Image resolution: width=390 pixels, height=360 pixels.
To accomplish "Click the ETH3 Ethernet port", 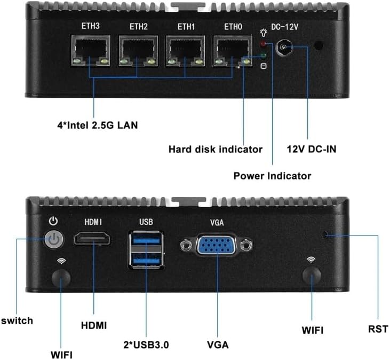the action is [x=91, y=51].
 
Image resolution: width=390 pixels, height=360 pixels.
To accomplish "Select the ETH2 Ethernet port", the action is [x=138, y=51].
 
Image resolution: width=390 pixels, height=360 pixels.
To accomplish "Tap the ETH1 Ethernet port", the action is [x=186, y=51].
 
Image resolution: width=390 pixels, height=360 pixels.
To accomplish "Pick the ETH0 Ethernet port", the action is [x=233, y=51].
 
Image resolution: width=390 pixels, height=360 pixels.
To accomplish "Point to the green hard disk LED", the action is [x=263, y=55].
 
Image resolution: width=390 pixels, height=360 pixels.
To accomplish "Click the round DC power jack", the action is [x=284, y=47].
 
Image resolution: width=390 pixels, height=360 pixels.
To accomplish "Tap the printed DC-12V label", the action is [x=284, y=27].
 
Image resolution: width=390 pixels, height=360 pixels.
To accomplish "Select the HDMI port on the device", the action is [x=92, y=238].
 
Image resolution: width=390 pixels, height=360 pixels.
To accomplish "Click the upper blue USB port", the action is [x=146, y=240].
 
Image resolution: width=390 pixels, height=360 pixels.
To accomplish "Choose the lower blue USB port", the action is [x=146, y=261].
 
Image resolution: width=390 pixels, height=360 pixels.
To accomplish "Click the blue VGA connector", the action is [x=217, y=244].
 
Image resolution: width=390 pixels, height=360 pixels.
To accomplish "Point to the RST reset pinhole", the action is [x=325, y=234].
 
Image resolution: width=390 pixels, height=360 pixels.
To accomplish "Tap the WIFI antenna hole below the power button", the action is [x=61, y=278].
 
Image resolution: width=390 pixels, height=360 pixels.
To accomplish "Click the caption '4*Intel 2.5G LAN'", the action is [x=98, y=125].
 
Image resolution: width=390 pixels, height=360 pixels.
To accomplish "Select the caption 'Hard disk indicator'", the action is [x=216, y=149].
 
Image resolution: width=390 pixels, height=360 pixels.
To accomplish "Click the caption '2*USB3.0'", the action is [x=146, y=345].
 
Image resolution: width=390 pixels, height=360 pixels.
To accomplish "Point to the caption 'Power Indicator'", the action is [x=272, y=176].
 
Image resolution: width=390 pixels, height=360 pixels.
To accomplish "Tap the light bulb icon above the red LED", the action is [x=264, y=33].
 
